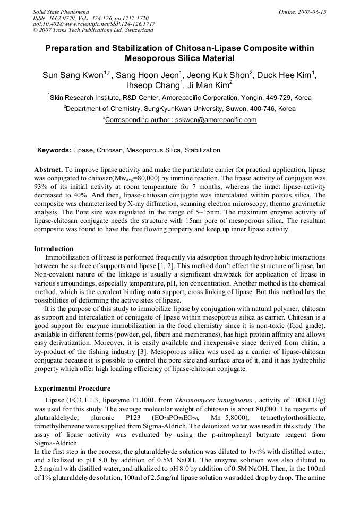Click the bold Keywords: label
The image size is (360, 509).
[x=54, y=150]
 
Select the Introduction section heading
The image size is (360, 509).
[x=54, y=249]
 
